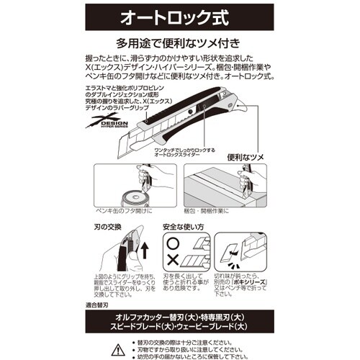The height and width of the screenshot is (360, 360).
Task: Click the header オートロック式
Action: (x=179, y=15)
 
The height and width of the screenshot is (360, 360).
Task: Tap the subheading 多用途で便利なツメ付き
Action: (x=179, y=42)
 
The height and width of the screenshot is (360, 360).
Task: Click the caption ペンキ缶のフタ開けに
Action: (x=125, y=214)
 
